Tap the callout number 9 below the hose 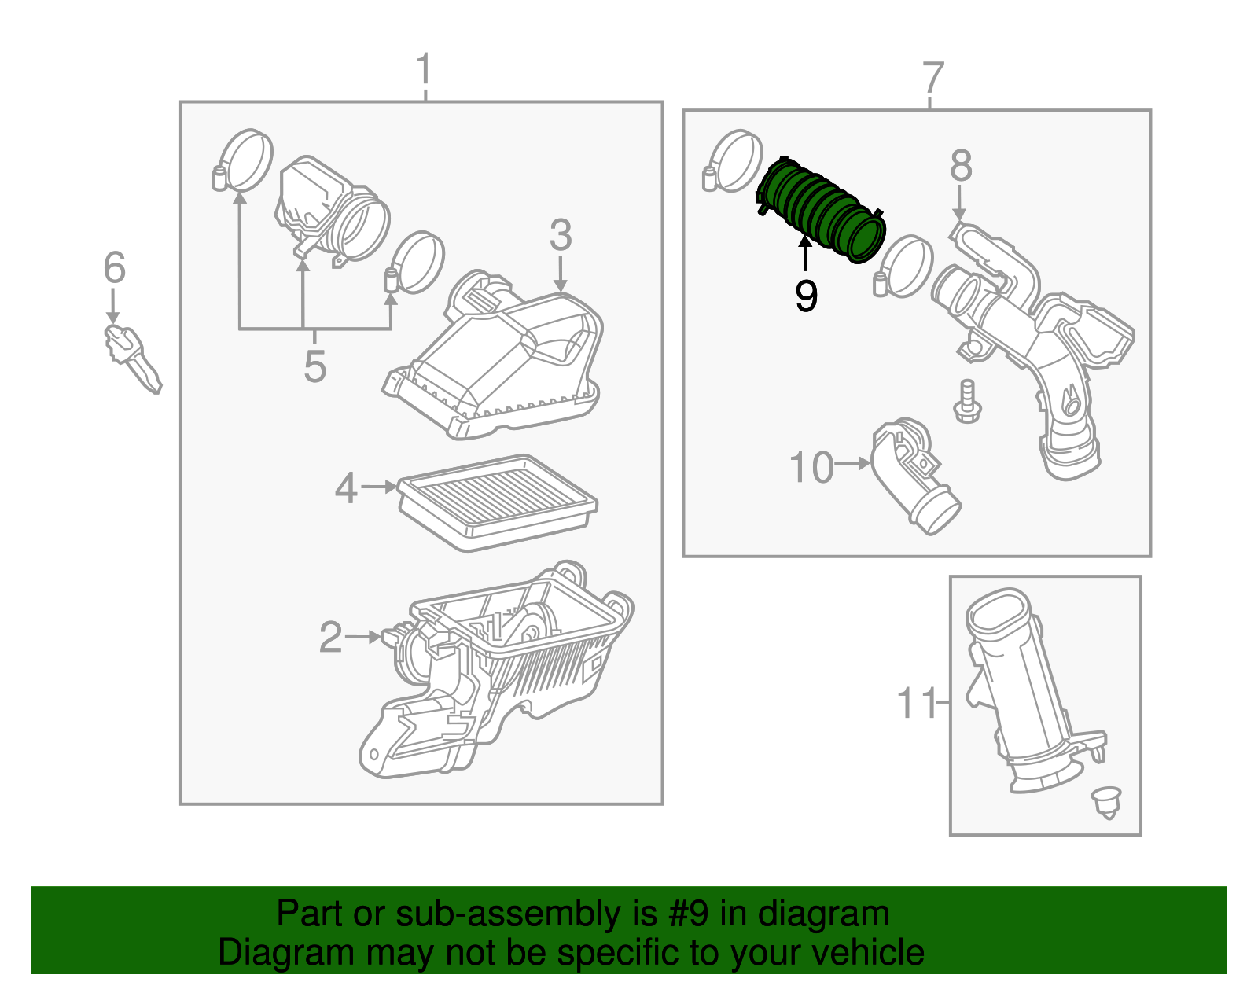pyautogui.click(x=806, y=296)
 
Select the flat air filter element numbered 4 pyautogui.click(x=497, y=501)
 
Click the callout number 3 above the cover pyautogui.click(x=560, y=235)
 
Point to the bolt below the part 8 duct pyautogui.click(x=966, y=402)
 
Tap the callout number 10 pyautogui.click(x=811, y=468)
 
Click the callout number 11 pyautogui.click(x=917, y=703)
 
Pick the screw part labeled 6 pyautogui.click(x=131, y=358)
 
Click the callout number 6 pyautogui.click(x=115, y=268)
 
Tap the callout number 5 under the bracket pyautogui.click(x=314, y=366)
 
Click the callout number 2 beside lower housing pyautogui.click(x=330, y=637)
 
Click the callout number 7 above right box pyautogui.click(x=932, y=78)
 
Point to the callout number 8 pyautogui.click(x=960, y=167)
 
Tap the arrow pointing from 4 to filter pyautogui.click(x=380, y=487)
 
